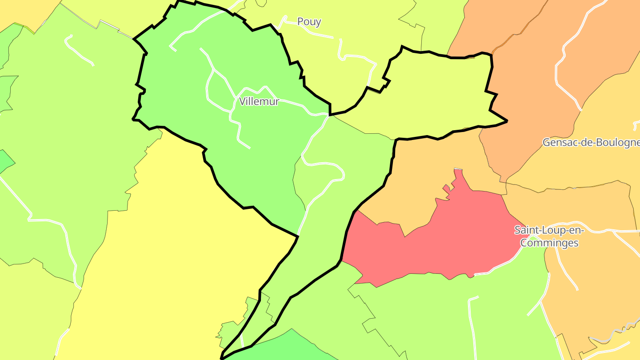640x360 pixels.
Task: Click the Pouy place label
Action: tap(309, 22)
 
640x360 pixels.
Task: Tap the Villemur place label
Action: tap(259, 101)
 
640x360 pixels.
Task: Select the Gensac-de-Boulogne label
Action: tap(591, 143)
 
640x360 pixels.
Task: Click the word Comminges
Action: tap(549, 243)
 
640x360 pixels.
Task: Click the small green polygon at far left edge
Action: tap(5, 161)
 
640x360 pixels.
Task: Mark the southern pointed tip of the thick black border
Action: tap(222, 358)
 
